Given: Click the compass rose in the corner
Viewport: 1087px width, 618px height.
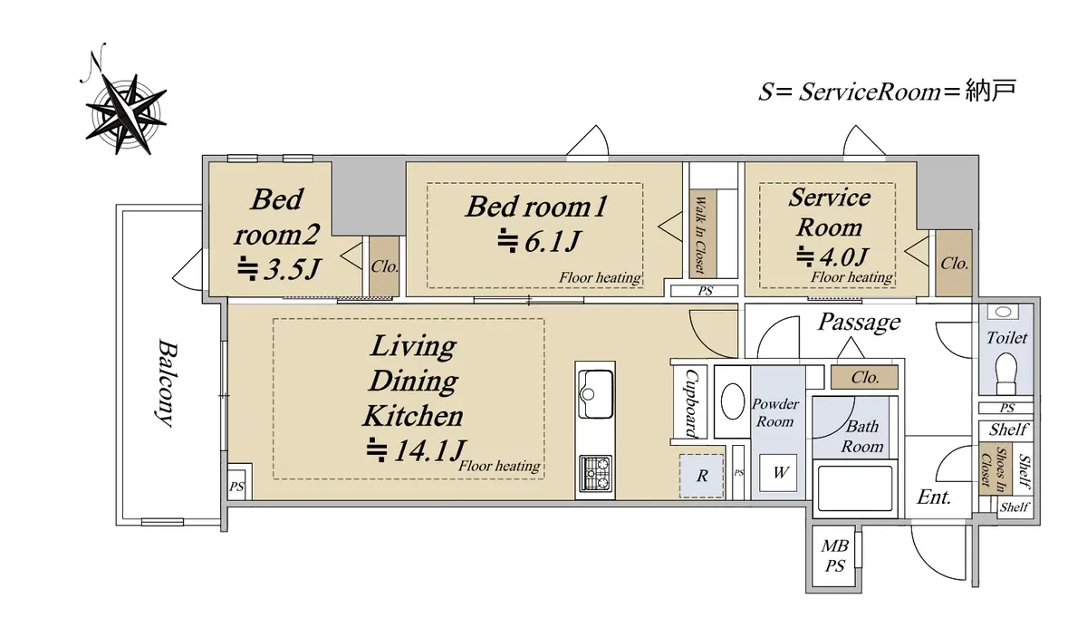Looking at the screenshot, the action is [x=126, y=114].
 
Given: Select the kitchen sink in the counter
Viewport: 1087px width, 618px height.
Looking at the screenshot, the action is [x=595, y=393].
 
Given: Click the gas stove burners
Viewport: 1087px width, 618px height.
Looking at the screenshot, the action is [x=595, y=473].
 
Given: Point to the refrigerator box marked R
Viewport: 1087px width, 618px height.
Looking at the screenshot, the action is [x=702, y=476].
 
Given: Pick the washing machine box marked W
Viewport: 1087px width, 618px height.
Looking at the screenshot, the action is [x=778, y=472].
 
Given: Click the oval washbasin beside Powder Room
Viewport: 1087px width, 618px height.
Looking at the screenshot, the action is [x=732, y=401].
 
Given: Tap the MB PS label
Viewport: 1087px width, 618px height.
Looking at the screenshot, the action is [x=834, y=555].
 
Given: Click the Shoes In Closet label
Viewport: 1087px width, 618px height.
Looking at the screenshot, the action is [x=994, y=468].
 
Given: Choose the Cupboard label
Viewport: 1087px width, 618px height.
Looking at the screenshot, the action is [x=690, y=404].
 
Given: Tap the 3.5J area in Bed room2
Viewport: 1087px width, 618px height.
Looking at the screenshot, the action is [x=279, y=269].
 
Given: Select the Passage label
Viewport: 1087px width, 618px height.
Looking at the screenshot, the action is [x=859, y=323].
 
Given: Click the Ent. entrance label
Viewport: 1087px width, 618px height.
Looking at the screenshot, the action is [x=934, y=497].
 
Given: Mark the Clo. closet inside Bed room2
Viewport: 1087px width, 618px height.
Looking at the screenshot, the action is [x=384, y=266].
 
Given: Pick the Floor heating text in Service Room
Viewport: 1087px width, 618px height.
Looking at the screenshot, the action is [x=851, y=276].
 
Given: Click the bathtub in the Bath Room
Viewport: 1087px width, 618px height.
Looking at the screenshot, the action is [x=854, y=488].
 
